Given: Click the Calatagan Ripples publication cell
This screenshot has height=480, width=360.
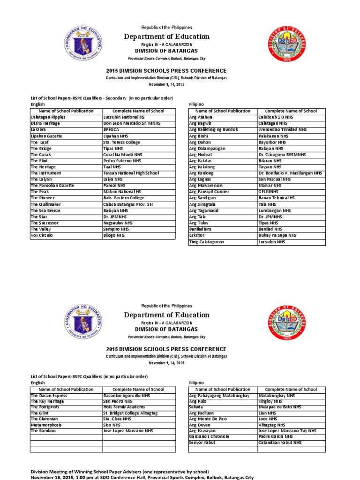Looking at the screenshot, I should click(48, 117).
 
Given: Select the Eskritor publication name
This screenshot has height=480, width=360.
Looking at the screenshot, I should click(197, 235).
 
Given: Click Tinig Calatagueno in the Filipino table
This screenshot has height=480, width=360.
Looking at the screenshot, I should click(207, 242).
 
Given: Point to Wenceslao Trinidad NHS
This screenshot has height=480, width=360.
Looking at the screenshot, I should click(283, 130).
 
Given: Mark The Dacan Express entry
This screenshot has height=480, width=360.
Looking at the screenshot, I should click(49, 396).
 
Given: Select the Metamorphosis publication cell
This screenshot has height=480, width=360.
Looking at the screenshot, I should click(46, 425).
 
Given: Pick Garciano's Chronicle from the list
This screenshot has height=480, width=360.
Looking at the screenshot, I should click(209, 436).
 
